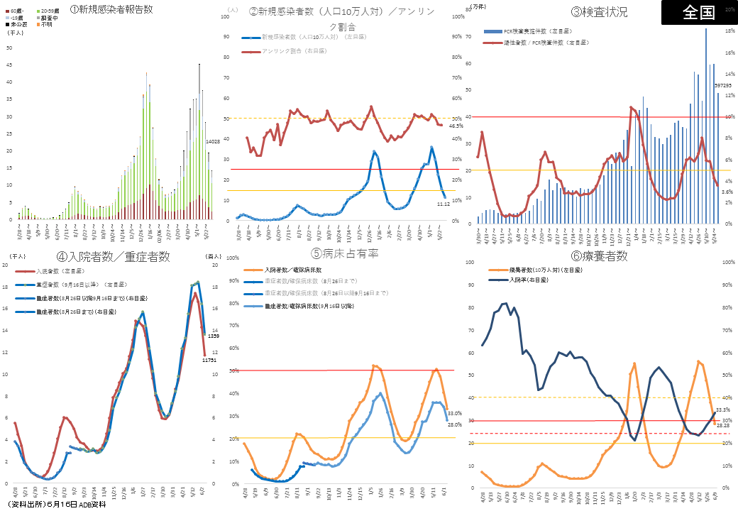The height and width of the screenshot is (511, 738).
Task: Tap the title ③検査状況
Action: point(599,11)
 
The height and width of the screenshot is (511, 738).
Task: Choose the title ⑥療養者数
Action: point(600,256)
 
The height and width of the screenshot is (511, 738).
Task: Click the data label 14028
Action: point(213,142)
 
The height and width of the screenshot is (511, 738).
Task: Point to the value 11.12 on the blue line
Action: point(444,203)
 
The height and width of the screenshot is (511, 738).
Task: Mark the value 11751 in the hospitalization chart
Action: point(209,361)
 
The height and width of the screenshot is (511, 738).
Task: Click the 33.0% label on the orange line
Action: point(455,413)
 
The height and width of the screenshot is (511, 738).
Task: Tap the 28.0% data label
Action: point(455,424)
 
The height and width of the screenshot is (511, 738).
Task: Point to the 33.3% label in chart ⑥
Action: point(722,410)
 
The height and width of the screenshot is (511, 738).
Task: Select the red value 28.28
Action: point(722,426)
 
